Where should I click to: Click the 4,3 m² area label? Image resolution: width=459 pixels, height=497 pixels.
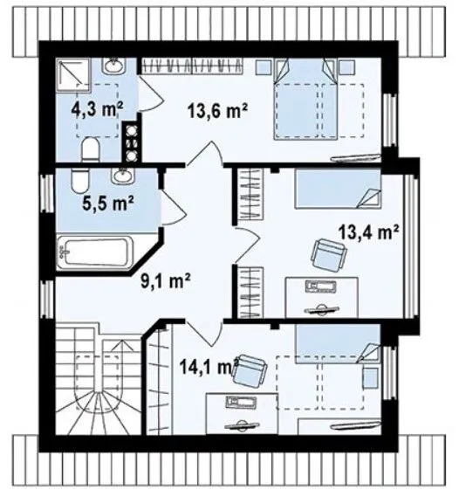pyautogui.click(x=97, y=110)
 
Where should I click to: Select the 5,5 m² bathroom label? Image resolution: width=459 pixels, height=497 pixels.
pyautogui.click(x=108, y=203)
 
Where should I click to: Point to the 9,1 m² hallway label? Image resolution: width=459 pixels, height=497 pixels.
pyautogui.click(x=165, y=281)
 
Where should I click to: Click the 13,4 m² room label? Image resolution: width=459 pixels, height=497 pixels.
pyautogui.click(x=369, y=232)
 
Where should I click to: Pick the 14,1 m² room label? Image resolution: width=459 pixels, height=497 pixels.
pyautogui.click(x=209, y=366)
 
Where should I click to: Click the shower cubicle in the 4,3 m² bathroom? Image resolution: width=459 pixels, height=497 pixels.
pyautogui.click(x=73, y=75)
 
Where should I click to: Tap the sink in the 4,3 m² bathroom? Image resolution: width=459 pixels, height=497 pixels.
pyautogui.click(x=113, y=66)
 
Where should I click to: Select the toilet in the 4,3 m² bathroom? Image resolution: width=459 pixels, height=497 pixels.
pyautogui.click(x=91, y=149)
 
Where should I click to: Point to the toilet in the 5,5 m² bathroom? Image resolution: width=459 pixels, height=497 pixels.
pyautogui.click(x=79, y=181)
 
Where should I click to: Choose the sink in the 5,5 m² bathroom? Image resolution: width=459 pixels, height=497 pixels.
pyautogui.click(x=123, y=176)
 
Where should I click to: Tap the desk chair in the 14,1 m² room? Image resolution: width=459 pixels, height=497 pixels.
pyautogui.click(x=250, y=370)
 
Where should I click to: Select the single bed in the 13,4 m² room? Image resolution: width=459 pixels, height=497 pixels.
pyautogui.click(x=338, y=189)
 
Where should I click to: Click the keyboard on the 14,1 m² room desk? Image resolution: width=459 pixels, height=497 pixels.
pyautogui.click(x=243, y=403)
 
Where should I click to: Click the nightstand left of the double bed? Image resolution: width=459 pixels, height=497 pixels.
pyautogui.click(x=264, y=67)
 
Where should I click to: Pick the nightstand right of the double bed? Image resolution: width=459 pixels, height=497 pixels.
pyautogui.click(x=347, y=67)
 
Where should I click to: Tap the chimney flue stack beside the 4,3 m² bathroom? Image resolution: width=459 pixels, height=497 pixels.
pyautogui.click(x=132, y=142)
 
